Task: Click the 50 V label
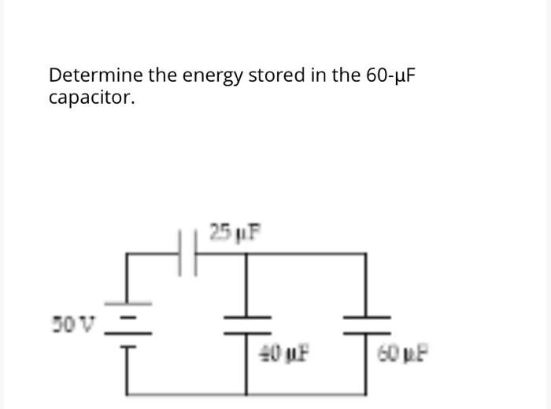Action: click(x=73, y=322)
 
